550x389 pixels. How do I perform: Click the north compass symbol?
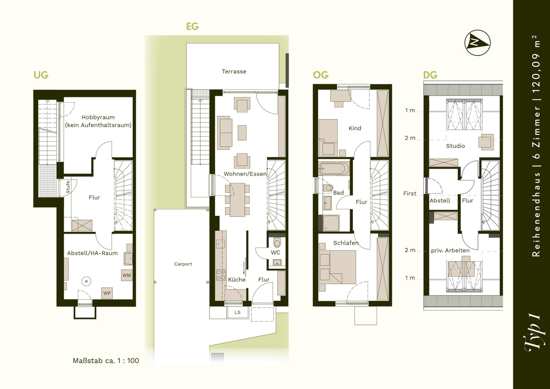click(x=477, y=43)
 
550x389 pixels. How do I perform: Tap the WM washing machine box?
click(x=126, y=275)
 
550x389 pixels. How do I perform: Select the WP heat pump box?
click(x=107, y=293)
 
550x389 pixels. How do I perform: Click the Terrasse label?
click(x=234, y=71)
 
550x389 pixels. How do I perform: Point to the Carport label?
click(x=183, y=264)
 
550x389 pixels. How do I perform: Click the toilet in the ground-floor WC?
click(x=277, y=242)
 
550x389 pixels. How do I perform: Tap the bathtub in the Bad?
click(x=334, y=169)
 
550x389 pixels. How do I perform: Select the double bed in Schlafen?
click(x=337, y=267)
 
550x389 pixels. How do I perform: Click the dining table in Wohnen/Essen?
click(x=237, y=200)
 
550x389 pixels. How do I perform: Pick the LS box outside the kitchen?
click(x=237, y=312)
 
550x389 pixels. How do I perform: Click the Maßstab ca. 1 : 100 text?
click(x=106, y=361)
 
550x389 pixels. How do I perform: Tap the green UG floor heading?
click(x=41, y=75)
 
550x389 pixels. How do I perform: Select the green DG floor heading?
click(x=430, y=75)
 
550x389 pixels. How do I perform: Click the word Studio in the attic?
click(x=456, y=146)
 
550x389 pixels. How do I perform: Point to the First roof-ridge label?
click(x=410, y=193)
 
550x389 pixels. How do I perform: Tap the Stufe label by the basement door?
click(x=68, y=187)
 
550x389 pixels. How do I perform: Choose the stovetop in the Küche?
click(x=220, y=274)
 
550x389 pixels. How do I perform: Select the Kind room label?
click(x=355, y=128)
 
